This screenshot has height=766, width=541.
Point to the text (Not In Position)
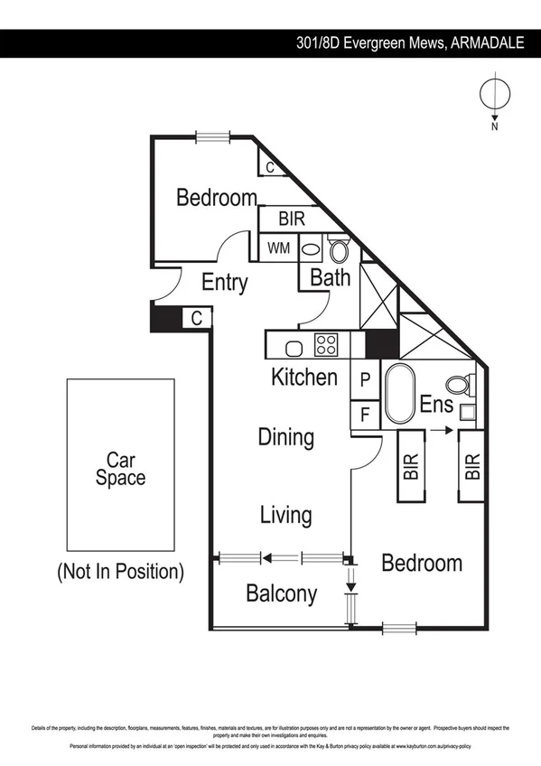(120, 571)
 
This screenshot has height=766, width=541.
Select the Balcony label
(282, 593)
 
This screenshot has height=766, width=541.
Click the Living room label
(285, 515)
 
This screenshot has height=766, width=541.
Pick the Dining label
(286, 437)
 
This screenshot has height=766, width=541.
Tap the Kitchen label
(304, 377)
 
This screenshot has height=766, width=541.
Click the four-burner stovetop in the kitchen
(325, 345)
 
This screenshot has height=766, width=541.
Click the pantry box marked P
(365, 379)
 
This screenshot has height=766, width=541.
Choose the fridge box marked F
(365, 416)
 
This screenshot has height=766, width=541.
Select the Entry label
(224, 282)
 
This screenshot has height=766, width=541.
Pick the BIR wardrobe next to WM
(292, 219)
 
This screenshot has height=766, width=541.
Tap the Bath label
(330, 276)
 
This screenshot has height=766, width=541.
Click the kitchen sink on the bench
(294, 346)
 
